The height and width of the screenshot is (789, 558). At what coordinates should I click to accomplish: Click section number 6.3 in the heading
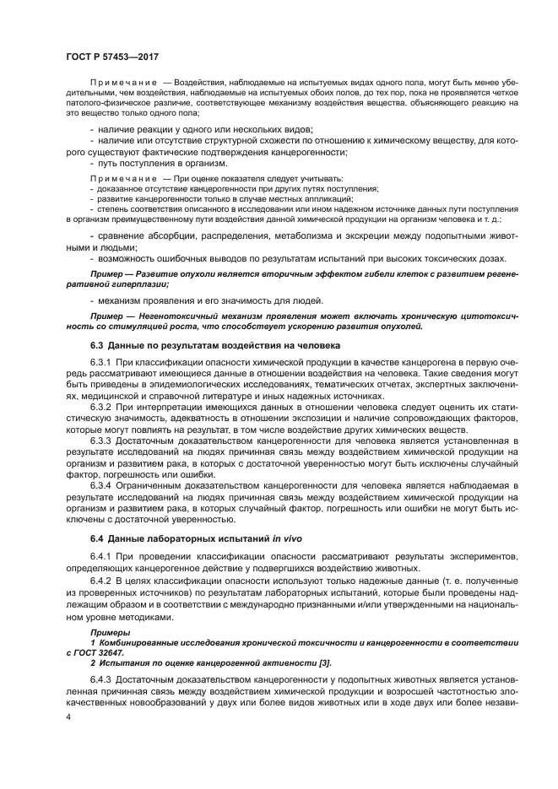click(x=99, y=345)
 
